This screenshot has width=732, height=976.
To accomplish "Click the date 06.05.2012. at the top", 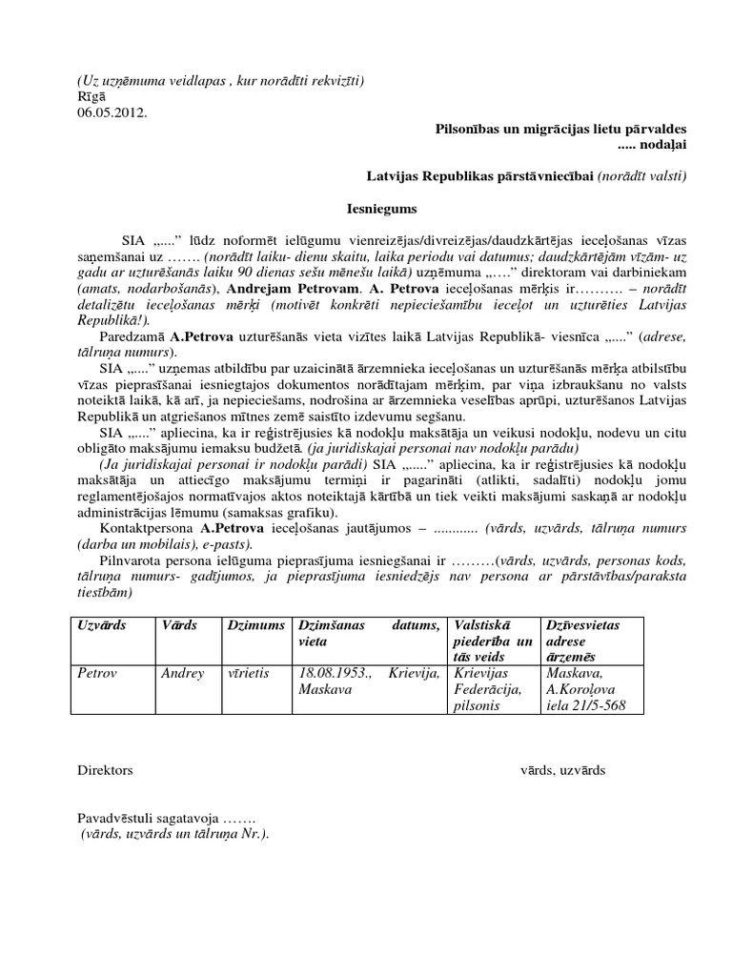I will click(x=112, y=112).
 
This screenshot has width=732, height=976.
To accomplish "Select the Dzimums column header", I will click(x=250, y=624).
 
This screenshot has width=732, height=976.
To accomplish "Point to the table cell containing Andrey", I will click(x=183, y=673).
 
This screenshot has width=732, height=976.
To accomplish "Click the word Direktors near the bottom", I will click(x=105, y=770).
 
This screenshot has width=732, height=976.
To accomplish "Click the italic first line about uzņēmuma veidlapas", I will click(x=221, y=81).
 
